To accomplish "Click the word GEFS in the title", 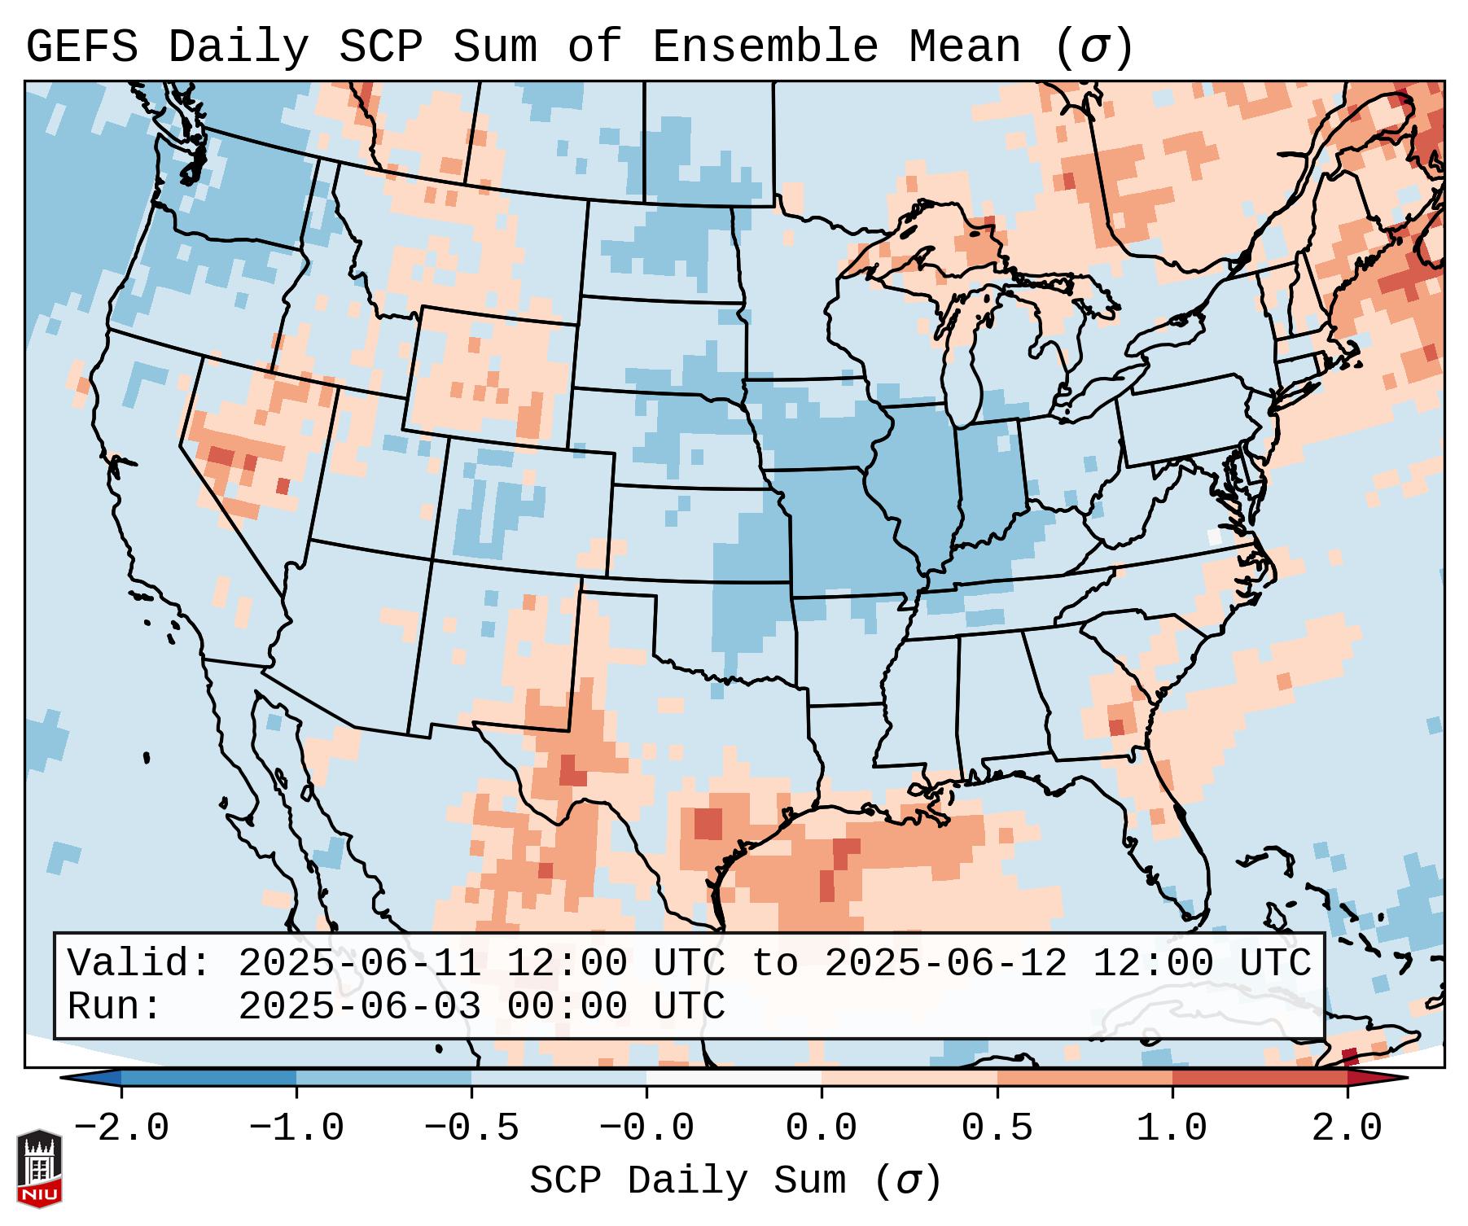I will coord(81,47).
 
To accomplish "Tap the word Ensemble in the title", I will coord(765,47).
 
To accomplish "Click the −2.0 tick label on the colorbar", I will coord(121,1128).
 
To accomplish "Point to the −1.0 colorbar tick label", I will coord(296,1128).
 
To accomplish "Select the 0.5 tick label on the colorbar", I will coord(997,1128).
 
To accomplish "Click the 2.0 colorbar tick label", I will coord(1347,1128).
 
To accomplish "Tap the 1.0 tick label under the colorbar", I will coord(1172,1128).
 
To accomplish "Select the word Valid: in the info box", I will coord(139,963).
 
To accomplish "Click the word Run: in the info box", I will coord(115,1007).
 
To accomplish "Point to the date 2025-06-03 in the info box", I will coord(359,1007).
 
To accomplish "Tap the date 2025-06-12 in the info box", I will coord(945,963).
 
